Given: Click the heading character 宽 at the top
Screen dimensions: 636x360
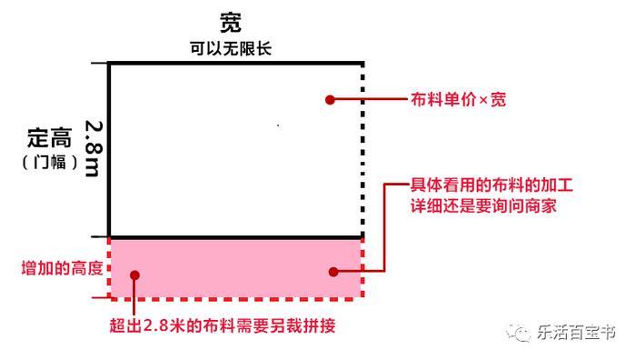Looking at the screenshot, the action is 231,21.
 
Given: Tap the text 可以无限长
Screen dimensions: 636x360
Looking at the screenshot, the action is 231,48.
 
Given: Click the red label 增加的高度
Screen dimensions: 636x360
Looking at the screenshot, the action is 61,269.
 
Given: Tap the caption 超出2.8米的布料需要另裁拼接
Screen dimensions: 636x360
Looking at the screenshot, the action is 223,325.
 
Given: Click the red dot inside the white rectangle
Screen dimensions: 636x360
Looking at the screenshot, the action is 331,100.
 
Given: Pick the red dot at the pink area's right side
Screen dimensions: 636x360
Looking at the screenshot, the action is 333,271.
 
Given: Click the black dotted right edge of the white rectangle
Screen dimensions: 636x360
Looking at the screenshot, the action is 363,145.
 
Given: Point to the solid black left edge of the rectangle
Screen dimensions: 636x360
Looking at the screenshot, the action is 109,145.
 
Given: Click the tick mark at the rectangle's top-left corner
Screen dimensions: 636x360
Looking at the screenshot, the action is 100,63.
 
